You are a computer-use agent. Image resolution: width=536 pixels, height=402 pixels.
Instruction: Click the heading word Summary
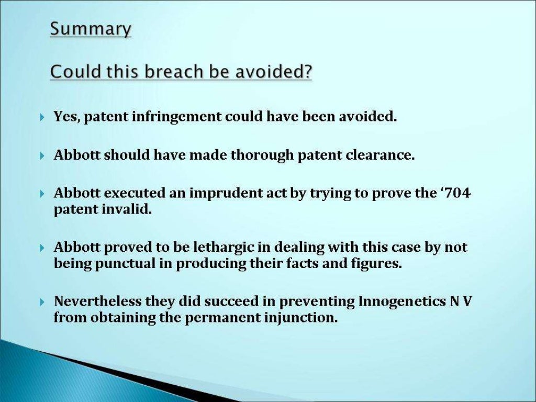tap(91, 29)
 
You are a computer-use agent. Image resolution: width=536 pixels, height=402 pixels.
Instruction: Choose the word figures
tap(375, 264)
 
